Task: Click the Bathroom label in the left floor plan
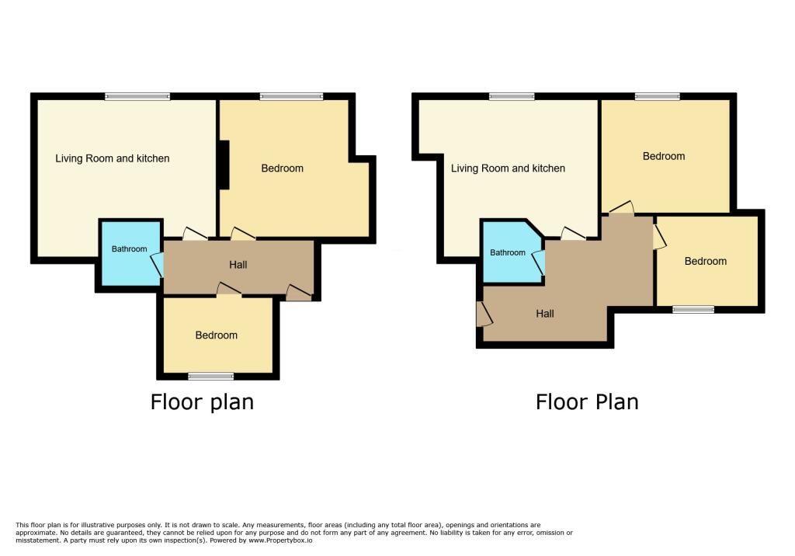pos(129,249)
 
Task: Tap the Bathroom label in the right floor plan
pos(508,253)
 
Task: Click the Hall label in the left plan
pos(238,265)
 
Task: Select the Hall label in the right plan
pos(545,314)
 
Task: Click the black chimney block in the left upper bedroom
pos(224,165)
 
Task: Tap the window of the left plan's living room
pos(137,97)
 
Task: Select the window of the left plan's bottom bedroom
pos(211,377)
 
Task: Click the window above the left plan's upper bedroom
pos(292,97)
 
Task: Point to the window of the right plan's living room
pos(512,97)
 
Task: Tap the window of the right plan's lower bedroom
pos(693,310)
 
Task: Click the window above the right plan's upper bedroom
pos(658,97)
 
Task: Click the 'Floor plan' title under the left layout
pos(202,402)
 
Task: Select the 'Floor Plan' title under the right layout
pos(587,402)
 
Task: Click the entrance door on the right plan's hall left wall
pos(484,314)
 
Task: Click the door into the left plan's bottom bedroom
pos(228,290)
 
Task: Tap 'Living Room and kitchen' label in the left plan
pos(113,158)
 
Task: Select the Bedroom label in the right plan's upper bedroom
pos(664,156)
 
